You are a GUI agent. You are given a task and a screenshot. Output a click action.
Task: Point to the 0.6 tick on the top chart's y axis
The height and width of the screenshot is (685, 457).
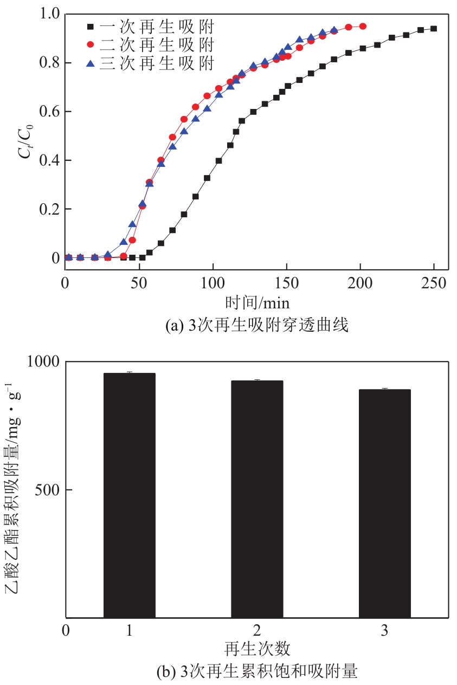tap(48, 112)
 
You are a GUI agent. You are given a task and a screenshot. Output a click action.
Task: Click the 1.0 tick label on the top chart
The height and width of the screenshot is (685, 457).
tap(48, 14)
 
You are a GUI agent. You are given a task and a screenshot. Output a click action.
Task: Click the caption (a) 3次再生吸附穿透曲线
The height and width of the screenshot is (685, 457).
tap(256, 326)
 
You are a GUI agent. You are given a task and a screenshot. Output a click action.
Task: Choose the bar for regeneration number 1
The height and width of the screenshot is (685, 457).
tap(130, 495)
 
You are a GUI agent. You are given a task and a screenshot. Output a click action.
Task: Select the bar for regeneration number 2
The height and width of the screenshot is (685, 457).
tap(257, 499)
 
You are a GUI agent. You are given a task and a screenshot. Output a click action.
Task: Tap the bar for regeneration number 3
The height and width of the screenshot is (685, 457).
tap(385, 503)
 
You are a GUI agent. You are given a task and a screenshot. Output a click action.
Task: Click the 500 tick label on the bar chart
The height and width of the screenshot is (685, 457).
tap(48, 490)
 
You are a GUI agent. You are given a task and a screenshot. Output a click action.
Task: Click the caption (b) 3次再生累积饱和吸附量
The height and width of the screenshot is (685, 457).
tap(256, 672)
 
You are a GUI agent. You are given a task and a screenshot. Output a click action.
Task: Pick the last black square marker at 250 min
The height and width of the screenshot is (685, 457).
tap(434, 29)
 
